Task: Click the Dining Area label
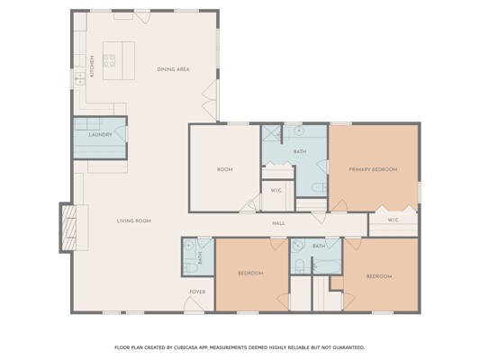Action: pyautogui.click(x=173, y=69)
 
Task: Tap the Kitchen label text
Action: pyautogui.click(x=92, y=66)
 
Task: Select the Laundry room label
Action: pyautogui.click(x=100, y=135)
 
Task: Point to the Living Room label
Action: pyautogui.click(x=134, y=220)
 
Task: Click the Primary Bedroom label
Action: pyautogui.click(x=373, y=169)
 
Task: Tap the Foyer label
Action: pyautogui.click(x=197, y=292)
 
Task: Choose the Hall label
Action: pyautogui.click(x=278, y=223)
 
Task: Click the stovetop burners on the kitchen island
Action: pyautogui.click(x=109, y=60)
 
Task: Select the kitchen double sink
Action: pyautogui.click(x=80, y=78)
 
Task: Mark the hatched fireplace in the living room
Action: pyautogui.click(x=68, y=228)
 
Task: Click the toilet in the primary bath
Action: pyautogui.click(x=320, y=187)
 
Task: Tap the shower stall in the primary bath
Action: pyautogui.click(x=272, y=134)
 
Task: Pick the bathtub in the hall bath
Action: pyautogui.click(x=327, y=266)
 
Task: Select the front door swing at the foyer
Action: pyautogui.click(x=194, y=304)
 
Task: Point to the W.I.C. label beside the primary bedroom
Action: pyautogui.click(x=393, y=220)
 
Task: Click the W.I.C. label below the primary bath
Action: pyautogui.click(x=276, y=191)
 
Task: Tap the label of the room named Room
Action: pyautogui.click(x=225, y=169)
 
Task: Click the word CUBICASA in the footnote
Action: pyautogui.click(x=186, y=347)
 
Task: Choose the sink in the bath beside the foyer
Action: pyautogui.click(x=189, y=245)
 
